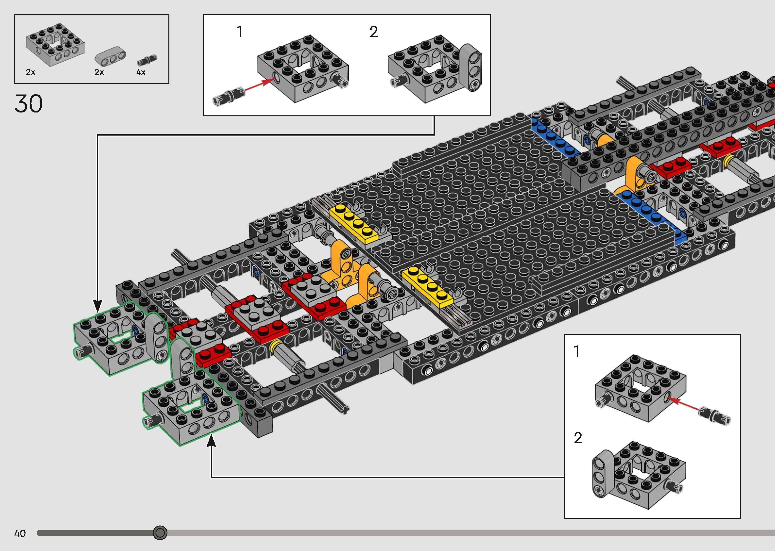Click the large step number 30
tap(28, 103)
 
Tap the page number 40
tap(20, 533)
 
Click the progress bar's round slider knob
tap(160, 533)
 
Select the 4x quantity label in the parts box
tap(141, 72)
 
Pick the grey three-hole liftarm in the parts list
tap(110, 56)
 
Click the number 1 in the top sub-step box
tap(240, 32)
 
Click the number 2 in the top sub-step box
tap(373, 32)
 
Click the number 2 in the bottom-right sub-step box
tap(578, 438)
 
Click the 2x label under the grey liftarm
tap(99, 72)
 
